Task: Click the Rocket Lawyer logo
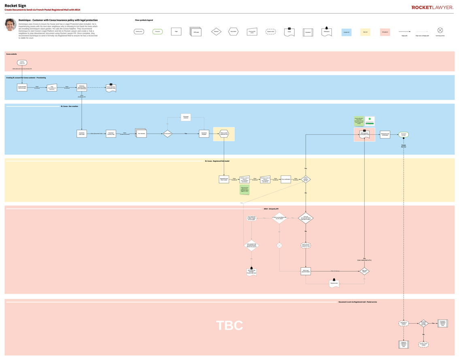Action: [432, 7]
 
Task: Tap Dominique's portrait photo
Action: [11, 24]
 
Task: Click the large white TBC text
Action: [229, 326]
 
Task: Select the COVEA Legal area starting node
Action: [22, 63]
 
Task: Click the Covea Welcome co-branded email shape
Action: [111, 88]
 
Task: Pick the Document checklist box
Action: [186, 117]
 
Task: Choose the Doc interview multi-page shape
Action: [141, 133]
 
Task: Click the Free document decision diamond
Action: [167, 134]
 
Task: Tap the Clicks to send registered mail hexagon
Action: [224, 134]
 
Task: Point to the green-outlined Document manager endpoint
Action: [404, 134]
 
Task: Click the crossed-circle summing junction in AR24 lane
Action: [279, 246]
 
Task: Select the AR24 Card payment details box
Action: [306, 271]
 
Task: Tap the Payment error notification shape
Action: [334, 283]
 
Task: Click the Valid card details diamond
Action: [364, 271]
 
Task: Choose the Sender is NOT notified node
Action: [423, 344]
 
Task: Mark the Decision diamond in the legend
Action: [217, 32]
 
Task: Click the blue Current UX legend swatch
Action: [346, 32]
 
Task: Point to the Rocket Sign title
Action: [15, 6]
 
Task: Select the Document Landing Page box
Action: [111, 134]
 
